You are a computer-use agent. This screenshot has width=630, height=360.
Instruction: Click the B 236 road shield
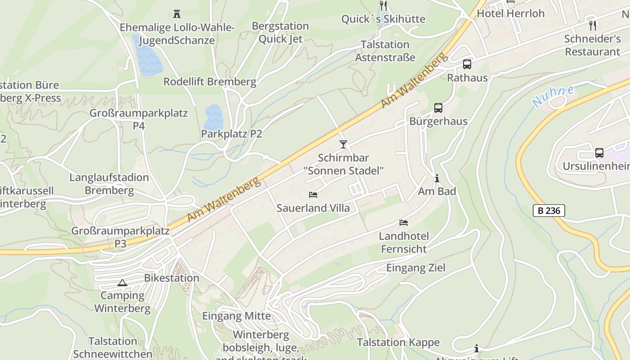pyautogui.click(x=549, y=210)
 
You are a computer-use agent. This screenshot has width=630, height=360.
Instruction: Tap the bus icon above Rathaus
pyautogui.click(x=467, y=64)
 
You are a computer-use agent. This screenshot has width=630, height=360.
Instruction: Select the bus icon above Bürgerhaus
pyautogui.click(x=438, y=108)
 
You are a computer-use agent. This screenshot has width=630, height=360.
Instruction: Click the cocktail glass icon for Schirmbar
pyautogui.click(x=343, y=144)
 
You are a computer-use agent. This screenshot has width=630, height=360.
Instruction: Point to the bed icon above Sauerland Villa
pyautogui.click(x=313, y=195)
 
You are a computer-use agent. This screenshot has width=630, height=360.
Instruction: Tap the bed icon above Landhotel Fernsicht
pyautogui.click(x=404, y=223)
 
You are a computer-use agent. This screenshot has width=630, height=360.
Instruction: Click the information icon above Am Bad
pyautogui.click(x=436, y=178)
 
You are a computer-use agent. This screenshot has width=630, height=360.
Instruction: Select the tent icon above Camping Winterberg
pyautogui.click(x=122, y=283)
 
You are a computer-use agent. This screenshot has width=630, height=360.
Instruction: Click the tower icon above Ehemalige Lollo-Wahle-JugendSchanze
pyautogui.click(x=176, y=14)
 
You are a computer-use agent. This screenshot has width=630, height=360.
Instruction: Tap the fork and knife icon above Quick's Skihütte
pyautogui.click(x=383, y=6)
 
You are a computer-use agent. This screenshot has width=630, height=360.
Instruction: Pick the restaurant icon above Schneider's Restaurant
pyautogui.click(x=593, y=25)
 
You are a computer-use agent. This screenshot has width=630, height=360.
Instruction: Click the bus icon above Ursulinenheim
pyautogui.click(x=599, y=153)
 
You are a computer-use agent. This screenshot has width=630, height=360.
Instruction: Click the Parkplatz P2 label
pyautogui.click(x=231, y=134)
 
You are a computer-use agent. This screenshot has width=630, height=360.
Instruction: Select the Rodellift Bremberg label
pyautogui.click(x=210, y=82)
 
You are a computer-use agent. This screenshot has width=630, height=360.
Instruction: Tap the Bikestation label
pyautogui.click(x=171, y=278)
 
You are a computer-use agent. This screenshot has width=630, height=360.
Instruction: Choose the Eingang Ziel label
pyautogui.click(x=416, y=268)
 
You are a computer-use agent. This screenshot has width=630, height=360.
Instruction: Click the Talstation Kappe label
pyautogui.click(x=398, y=342)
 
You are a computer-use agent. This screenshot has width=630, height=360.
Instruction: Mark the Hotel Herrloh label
pyautogui.click(x=511, y=13)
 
